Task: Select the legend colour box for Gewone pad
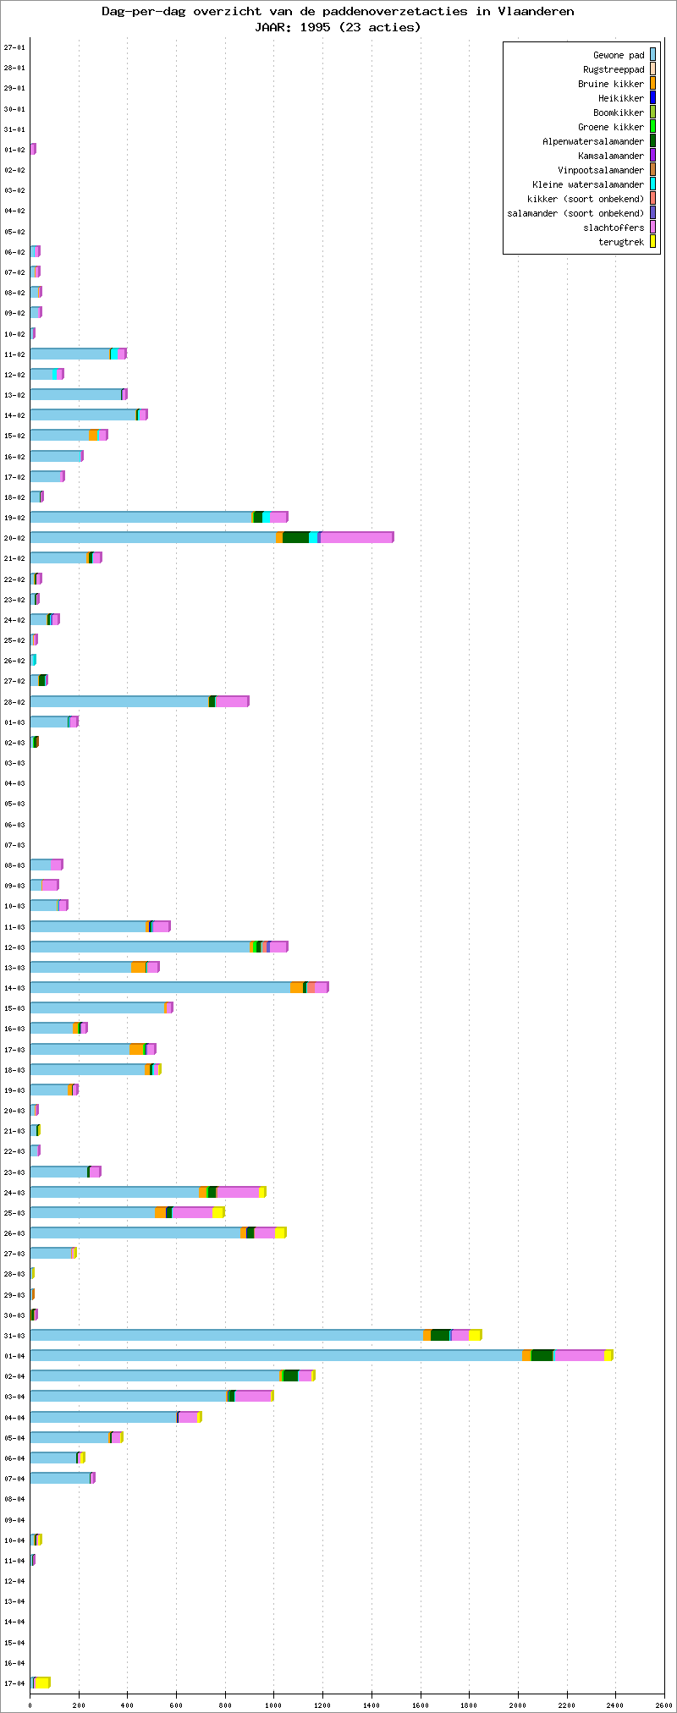point(652,55)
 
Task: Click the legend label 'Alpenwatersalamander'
point(592,141)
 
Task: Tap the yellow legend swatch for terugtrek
point(652,242)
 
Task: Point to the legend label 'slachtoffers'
point(613,228)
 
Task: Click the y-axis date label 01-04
point(14,1356)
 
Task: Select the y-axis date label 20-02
point(14,538)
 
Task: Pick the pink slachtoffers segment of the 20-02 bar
point(356,537)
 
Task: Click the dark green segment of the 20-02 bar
point(295,537)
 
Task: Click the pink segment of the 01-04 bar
point(579,1355)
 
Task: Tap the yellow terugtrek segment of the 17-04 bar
point(41,1682)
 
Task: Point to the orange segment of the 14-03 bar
point(296,987)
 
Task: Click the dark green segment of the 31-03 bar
point(439,1335)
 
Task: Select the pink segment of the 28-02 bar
point(232,701)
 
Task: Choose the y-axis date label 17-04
point(14,1683)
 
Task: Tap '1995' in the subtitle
point(316,27)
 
